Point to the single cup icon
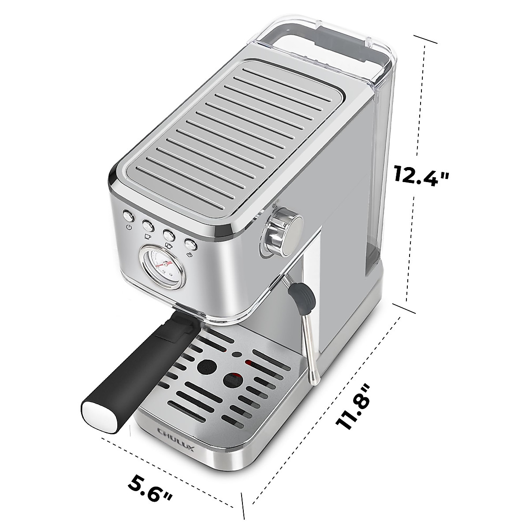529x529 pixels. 147,237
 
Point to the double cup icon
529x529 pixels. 168,245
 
